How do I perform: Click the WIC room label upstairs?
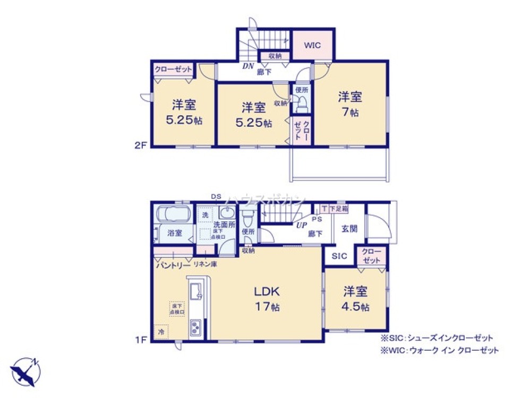[313, 45]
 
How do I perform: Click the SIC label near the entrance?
[339, 256]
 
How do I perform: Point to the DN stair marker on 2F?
[248, 66]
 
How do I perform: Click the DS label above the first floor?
[216, 197]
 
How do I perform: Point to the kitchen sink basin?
[194, 291]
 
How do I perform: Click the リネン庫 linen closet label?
[204, 264]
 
